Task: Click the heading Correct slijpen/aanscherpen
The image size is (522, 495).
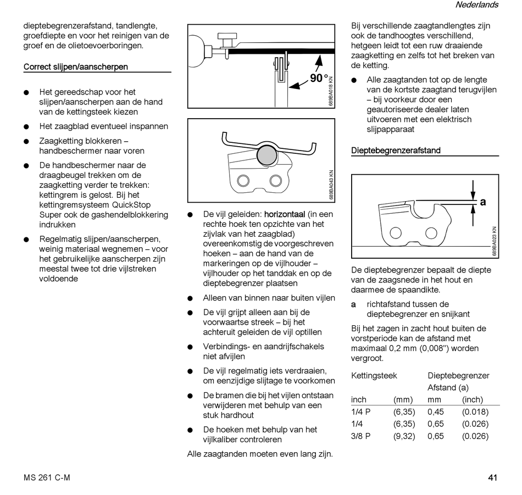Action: click(x=76, y=67)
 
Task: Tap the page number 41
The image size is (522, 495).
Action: click(x=492, y=477)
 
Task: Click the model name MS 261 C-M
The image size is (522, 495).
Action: click(x=47, y=477)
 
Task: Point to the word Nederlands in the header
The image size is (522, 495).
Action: click(x=476, y=5)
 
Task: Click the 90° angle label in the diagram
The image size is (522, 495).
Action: click(x=319, y=79)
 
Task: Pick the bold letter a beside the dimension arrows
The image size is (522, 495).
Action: click(x=483, y=202)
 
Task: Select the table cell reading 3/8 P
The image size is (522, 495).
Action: click(x=360, y=436)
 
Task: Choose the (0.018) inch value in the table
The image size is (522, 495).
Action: click(x=475, y=412)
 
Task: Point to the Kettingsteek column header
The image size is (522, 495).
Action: click(x=374, y=376)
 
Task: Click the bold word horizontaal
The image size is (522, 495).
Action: click(x=285, y=214)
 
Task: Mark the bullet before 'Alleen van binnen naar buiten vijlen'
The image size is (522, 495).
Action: click(x=190, y=299)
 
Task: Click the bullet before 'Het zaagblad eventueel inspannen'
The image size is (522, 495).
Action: click(x=26, y=126)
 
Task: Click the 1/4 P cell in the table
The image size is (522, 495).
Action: click(x=360, y=412)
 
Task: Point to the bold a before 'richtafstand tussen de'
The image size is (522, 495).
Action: click(x=354, y=304)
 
